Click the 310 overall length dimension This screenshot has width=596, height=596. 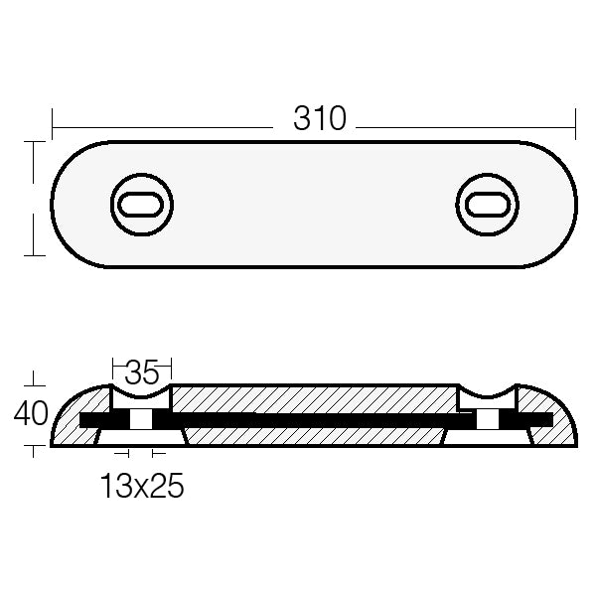coord(320,119)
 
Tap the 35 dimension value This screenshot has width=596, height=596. coord(143,374)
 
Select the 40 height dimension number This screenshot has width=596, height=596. coord(32,412)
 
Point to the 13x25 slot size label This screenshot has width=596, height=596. coord(142,488)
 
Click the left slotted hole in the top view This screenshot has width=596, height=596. coord(141,205)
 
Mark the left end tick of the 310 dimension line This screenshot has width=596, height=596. coord(52,127)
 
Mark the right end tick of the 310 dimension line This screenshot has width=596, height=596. coord(576,127)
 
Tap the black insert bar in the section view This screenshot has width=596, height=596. coord(318,421)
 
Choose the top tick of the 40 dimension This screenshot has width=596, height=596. coord(35,384)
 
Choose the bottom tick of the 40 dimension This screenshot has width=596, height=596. coord(35,447)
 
